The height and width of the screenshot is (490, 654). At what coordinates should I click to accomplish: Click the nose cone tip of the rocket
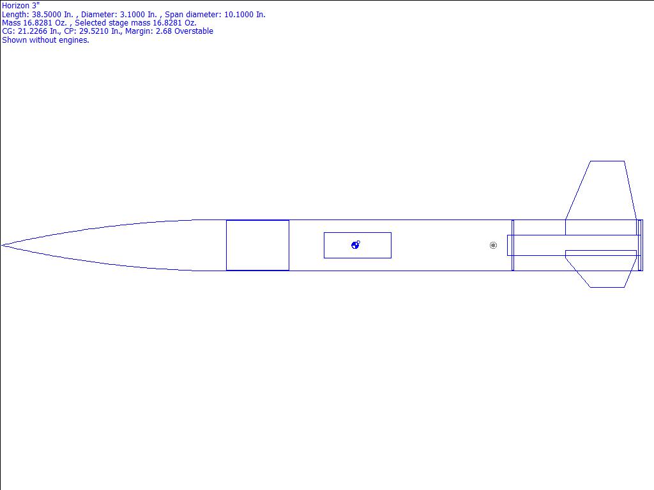tap(2, 246)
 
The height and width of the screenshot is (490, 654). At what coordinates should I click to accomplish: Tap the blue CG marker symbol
tap(355, 245)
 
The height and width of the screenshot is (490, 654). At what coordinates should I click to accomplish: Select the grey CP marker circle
tap(493, 246)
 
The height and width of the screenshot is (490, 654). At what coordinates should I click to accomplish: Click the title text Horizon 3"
tap(21, 5)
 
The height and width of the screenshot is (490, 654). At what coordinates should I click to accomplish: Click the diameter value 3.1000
tap(139, 15)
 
